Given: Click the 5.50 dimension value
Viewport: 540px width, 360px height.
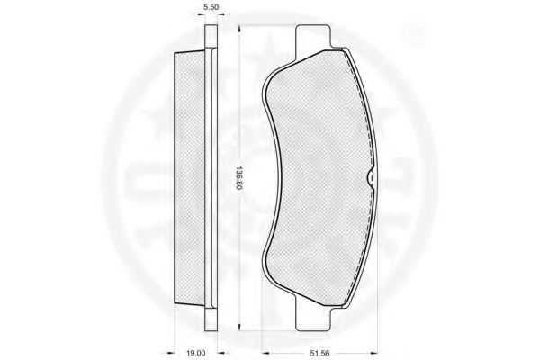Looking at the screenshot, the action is [211, 7].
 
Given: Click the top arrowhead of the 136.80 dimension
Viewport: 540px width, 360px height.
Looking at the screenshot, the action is [238, 29].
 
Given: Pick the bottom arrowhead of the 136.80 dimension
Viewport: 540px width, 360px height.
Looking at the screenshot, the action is [238, 328].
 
